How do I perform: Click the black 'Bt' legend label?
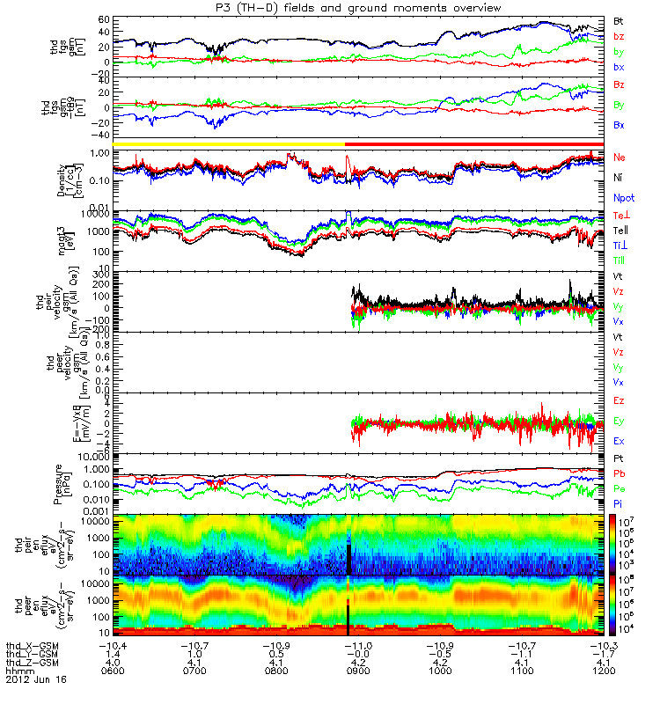pos(619,19)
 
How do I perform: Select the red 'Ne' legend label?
pos(620,157)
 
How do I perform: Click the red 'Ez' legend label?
pos(620,401)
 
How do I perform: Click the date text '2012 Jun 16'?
pos(35,680)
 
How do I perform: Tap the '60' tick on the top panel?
pos(103,18)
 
